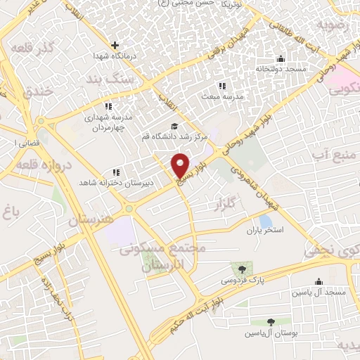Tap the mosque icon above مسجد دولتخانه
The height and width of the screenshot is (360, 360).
281,58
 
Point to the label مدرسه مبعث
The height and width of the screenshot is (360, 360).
222,96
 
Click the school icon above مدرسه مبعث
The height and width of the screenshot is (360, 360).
222,86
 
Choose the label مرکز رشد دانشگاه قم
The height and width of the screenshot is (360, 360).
174,136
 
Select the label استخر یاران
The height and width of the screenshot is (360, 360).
264,231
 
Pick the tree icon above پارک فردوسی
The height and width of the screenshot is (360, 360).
243,269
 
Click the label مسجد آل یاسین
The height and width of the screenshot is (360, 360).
320,291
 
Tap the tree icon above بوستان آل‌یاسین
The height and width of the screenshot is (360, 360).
271,323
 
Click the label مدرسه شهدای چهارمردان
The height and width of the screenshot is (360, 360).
108,123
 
